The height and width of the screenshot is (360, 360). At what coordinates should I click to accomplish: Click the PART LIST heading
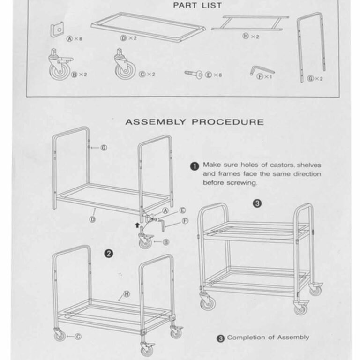(197, 6)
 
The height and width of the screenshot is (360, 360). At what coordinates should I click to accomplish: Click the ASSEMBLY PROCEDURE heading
(194, 122)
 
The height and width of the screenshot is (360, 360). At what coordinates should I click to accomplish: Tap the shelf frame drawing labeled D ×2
(148, 27)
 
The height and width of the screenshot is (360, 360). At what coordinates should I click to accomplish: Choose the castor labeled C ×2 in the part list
(125, 66)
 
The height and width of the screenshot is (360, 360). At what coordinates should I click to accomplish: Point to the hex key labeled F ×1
(261, 70)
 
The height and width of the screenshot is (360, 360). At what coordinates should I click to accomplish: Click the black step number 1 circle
(195, 166)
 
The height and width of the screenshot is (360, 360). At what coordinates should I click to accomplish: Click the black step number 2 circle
(108, 254)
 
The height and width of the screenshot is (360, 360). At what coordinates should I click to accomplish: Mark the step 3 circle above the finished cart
(257, 203)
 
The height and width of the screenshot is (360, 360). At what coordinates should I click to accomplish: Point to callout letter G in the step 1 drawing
(104, 148)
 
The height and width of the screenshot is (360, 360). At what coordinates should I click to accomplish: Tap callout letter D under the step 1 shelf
(93, 219)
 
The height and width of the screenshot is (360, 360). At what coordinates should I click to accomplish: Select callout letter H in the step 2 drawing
(126, 295)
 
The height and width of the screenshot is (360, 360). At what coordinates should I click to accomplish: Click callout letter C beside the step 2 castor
(78, 336)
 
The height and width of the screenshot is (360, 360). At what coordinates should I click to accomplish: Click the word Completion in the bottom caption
(246, 337)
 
